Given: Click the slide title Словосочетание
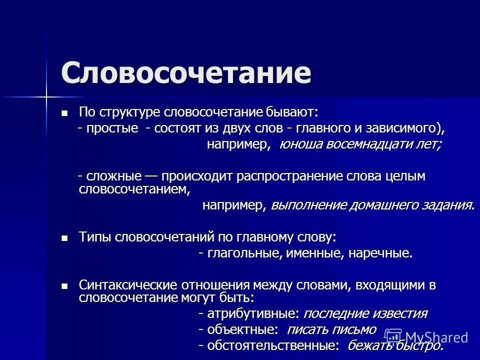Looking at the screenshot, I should tap(186, 73).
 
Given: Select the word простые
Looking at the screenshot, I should tap(111, 128).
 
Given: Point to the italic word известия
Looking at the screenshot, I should tap(399, 314).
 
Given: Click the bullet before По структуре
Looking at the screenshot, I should tap(64, 113).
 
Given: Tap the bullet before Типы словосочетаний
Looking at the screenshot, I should tap(64, 238).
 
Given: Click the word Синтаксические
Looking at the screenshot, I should tap(121, 286).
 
